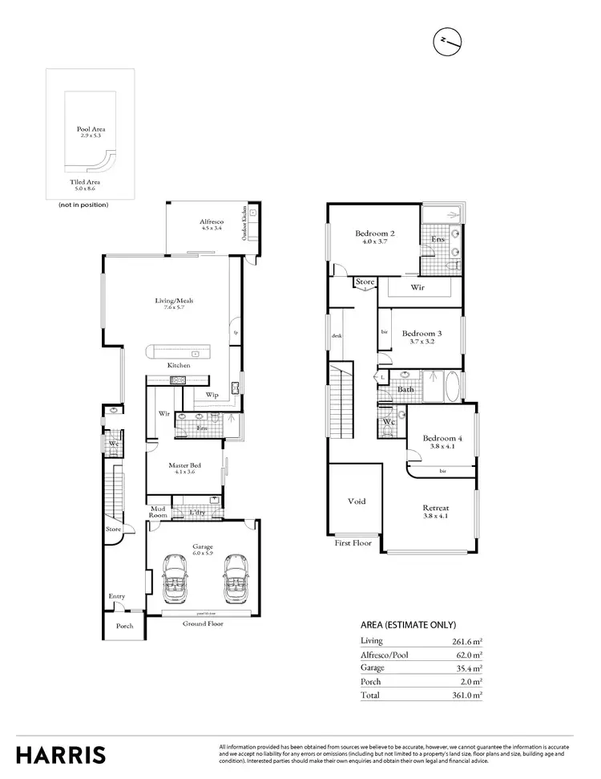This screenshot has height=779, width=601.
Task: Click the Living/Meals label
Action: coord(174,301)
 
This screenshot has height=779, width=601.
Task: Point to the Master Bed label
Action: coord(184,465)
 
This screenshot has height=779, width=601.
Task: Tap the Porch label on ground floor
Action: coord(125,626)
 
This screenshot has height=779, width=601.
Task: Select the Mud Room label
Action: coord(158,512)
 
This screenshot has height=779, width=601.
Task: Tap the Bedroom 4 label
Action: coord(442,438)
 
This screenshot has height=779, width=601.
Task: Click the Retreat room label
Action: coord(435,508)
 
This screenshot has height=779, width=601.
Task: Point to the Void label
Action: coord(357,501)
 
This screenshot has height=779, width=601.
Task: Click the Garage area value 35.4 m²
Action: coord(466,667)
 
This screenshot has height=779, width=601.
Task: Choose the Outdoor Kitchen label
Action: coord(244,227)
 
